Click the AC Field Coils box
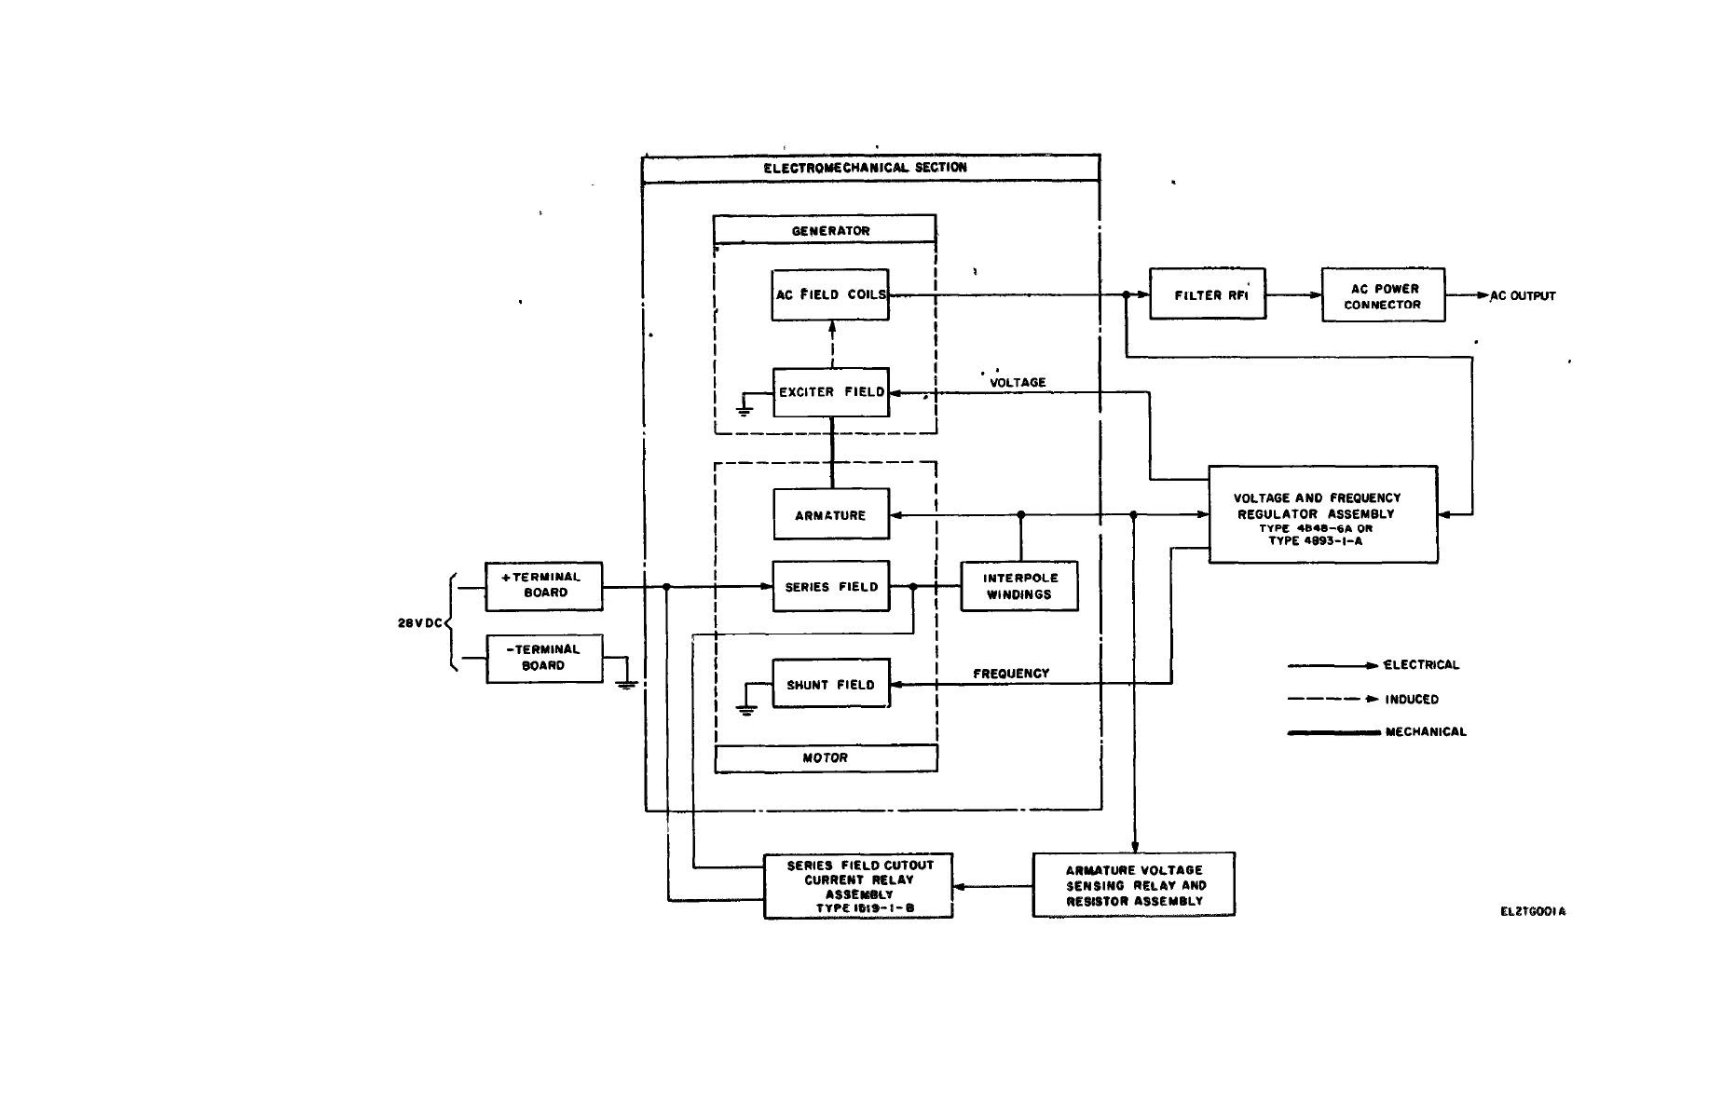[x=829, y=294]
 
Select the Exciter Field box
[x=830, y=392]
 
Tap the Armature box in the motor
[x=830, y=514]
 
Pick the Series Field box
[x=830, y=587]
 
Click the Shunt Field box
[x=830, y=685]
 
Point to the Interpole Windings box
[x=1019, y=586]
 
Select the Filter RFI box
[x=1207, y=294]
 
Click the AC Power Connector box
[x=1383, y=296]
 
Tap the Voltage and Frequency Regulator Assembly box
[x=1322, y=515]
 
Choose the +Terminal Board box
[x=543, y=586]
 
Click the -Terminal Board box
[x=543, y=658]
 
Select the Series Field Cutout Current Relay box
[x=858, y=887]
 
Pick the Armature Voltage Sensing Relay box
[x=1133, y=885]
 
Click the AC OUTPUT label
[x=1523, y=296]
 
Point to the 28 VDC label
[x=419, y=623]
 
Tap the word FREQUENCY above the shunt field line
[x=1011, y=674]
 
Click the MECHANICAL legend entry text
[x=1426, y=732]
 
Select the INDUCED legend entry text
[x=1412, y=700]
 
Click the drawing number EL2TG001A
[x=1533, y=912]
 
